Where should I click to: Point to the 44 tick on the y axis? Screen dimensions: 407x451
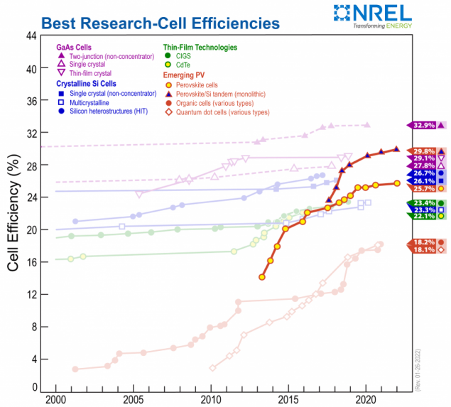[31, 37]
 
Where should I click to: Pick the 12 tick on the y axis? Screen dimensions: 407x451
[31, 294]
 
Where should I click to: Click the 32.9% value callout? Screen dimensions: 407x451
[421, 125]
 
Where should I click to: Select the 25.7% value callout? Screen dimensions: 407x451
[421, 188]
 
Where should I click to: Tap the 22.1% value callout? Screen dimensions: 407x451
[421, 216]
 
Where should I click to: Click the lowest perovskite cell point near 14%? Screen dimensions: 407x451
[262, 276]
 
